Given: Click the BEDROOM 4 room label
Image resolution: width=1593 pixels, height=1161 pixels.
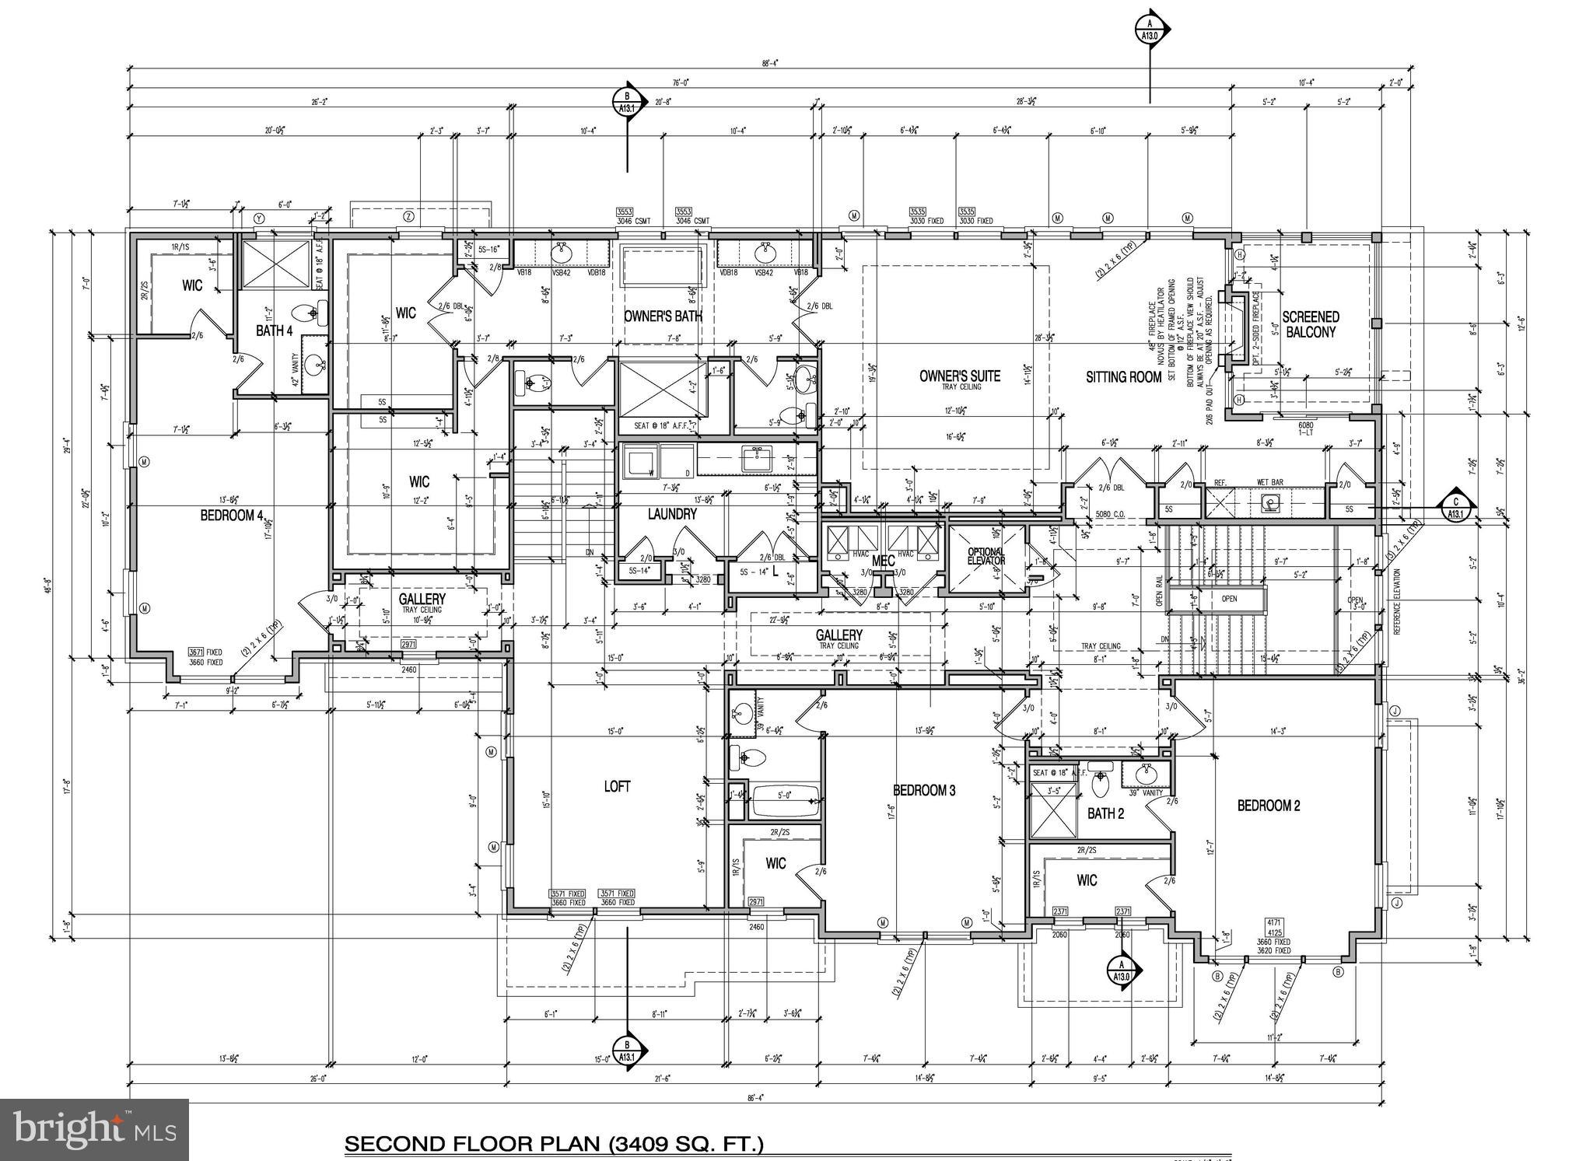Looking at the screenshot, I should pyautogui.click(x=232, y=515).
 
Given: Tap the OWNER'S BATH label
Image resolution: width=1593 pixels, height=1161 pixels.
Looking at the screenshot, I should pyautogui.click(x=663, y=316).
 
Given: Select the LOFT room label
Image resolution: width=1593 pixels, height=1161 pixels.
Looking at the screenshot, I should pyautogui.click(x=617, y=786).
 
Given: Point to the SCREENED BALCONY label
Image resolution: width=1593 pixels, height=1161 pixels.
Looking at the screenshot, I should pyautogui.click(x=1311, y=324).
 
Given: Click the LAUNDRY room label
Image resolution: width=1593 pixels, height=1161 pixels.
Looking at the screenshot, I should pyautogui.click(x=672, y=514).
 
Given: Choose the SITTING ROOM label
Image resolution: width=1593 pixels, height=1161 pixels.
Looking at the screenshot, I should pyautogui.click(x=1123, y=376).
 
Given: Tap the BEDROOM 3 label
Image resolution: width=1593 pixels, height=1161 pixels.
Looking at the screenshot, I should pyautogui.click(x=924, y=791).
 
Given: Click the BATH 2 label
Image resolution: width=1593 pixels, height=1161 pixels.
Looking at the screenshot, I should pyautogui.click(x=1105, y=814).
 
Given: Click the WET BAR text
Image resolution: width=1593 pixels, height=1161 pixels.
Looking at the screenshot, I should pyautogui.click(x=1269, y=483).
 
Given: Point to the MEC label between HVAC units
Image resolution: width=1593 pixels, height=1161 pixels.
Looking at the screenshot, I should pyautogui.click(x=883, y=561).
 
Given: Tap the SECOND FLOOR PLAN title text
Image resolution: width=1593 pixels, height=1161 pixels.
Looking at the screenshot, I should pyautogui.click(x=554, y=1144).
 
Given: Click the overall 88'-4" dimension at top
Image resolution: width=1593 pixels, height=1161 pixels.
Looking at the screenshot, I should pyautogui.click(x=770, y=64).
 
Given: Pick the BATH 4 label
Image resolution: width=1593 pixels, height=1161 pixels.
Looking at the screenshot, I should pyautogui.click(x=274, y=330).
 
